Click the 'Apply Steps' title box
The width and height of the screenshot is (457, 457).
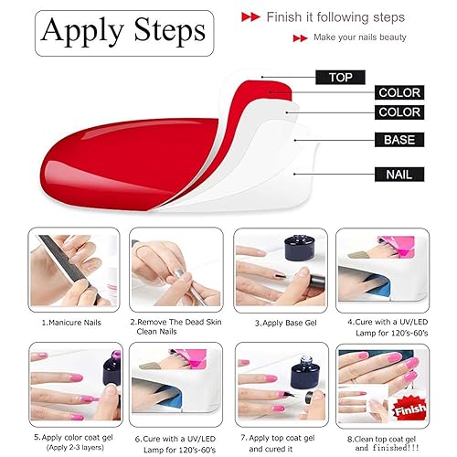pos(123,33)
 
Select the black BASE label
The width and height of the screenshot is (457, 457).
pos(399,140)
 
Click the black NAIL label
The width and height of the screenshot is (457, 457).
pos(399,172)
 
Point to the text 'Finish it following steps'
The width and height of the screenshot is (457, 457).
pos(332,16)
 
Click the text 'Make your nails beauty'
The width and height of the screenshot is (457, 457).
pos(366,37)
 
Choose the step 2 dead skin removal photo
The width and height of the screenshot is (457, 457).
pos(176,268)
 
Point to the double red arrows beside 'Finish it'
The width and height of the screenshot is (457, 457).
pos(250,16)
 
